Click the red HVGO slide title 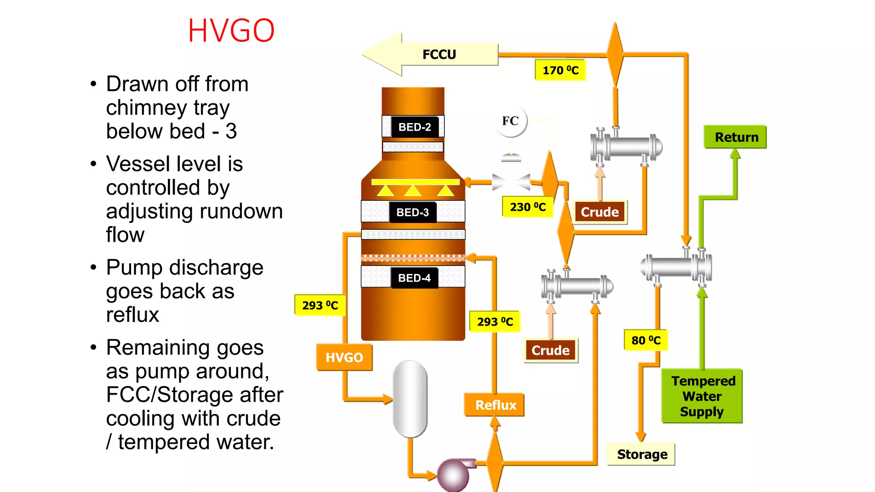[231, 31]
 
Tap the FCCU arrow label [439, 55]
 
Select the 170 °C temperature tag [560, 70]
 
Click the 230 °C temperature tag [528, 207]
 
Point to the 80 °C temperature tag [646, 340]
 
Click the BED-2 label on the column [414, 127]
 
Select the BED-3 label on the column [413, 212]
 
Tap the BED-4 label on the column [414, 278]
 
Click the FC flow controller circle [511, 121]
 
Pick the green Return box [736, 137]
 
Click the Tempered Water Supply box [702, 396]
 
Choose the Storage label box [641, 454]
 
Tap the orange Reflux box [495, 405]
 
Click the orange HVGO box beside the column [344, 357]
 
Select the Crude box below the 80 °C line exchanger [550, 350]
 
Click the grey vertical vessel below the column [410, 398]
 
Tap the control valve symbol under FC [511, 182]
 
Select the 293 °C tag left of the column [320, 305]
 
